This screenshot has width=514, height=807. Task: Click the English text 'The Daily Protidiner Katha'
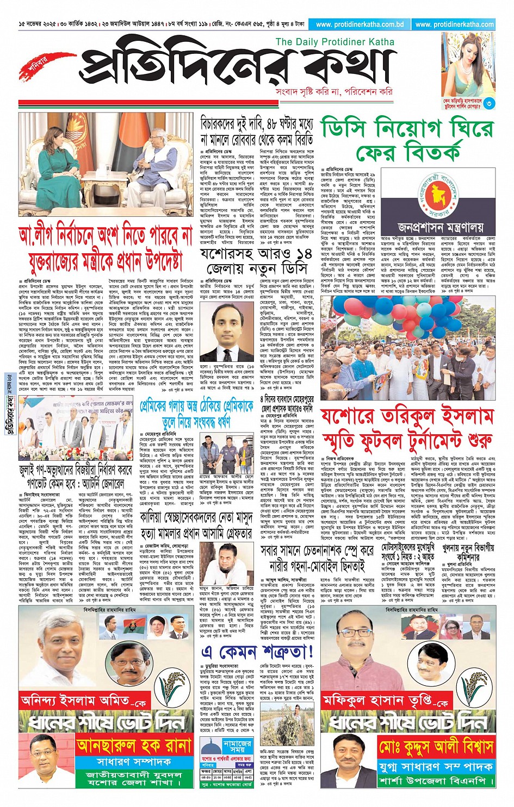point(335,42)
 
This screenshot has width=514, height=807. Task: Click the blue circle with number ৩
point(489,103)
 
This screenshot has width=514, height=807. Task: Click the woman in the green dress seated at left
point(55,174)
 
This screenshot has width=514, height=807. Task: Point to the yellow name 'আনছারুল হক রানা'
point(134,745)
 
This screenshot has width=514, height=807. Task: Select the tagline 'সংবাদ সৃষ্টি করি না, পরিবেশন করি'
point(334,91)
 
